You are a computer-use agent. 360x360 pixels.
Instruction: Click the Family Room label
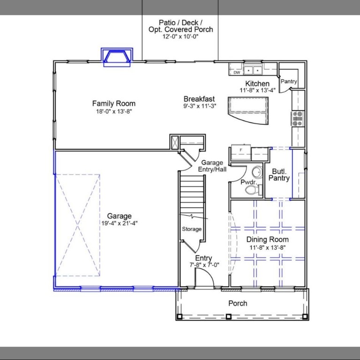coord(114,104)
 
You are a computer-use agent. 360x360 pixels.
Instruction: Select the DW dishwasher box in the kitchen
coord(237,73)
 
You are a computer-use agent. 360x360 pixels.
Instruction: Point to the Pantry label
coord(289,82)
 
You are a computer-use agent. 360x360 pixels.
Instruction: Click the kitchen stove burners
coord(298,119)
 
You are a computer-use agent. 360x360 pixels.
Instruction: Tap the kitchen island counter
coord(248,110)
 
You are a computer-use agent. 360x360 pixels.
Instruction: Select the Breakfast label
coord(199,99)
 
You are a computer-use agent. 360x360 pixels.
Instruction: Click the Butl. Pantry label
coord(279,175)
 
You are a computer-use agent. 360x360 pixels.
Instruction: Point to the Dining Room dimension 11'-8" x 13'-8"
coord(268,247)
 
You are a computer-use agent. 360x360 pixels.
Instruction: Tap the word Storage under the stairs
coord(191,229)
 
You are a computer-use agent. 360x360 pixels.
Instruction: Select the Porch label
coord(237,303)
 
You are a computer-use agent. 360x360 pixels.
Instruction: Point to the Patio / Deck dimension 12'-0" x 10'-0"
coord(181,37)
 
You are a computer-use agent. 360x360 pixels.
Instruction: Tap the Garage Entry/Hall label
coord(212,166)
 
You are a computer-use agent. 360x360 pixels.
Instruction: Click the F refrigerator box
coord(241,150)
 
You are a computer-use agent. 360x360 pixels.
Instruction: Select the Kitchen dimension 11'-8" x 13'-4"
coord(257,90)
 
